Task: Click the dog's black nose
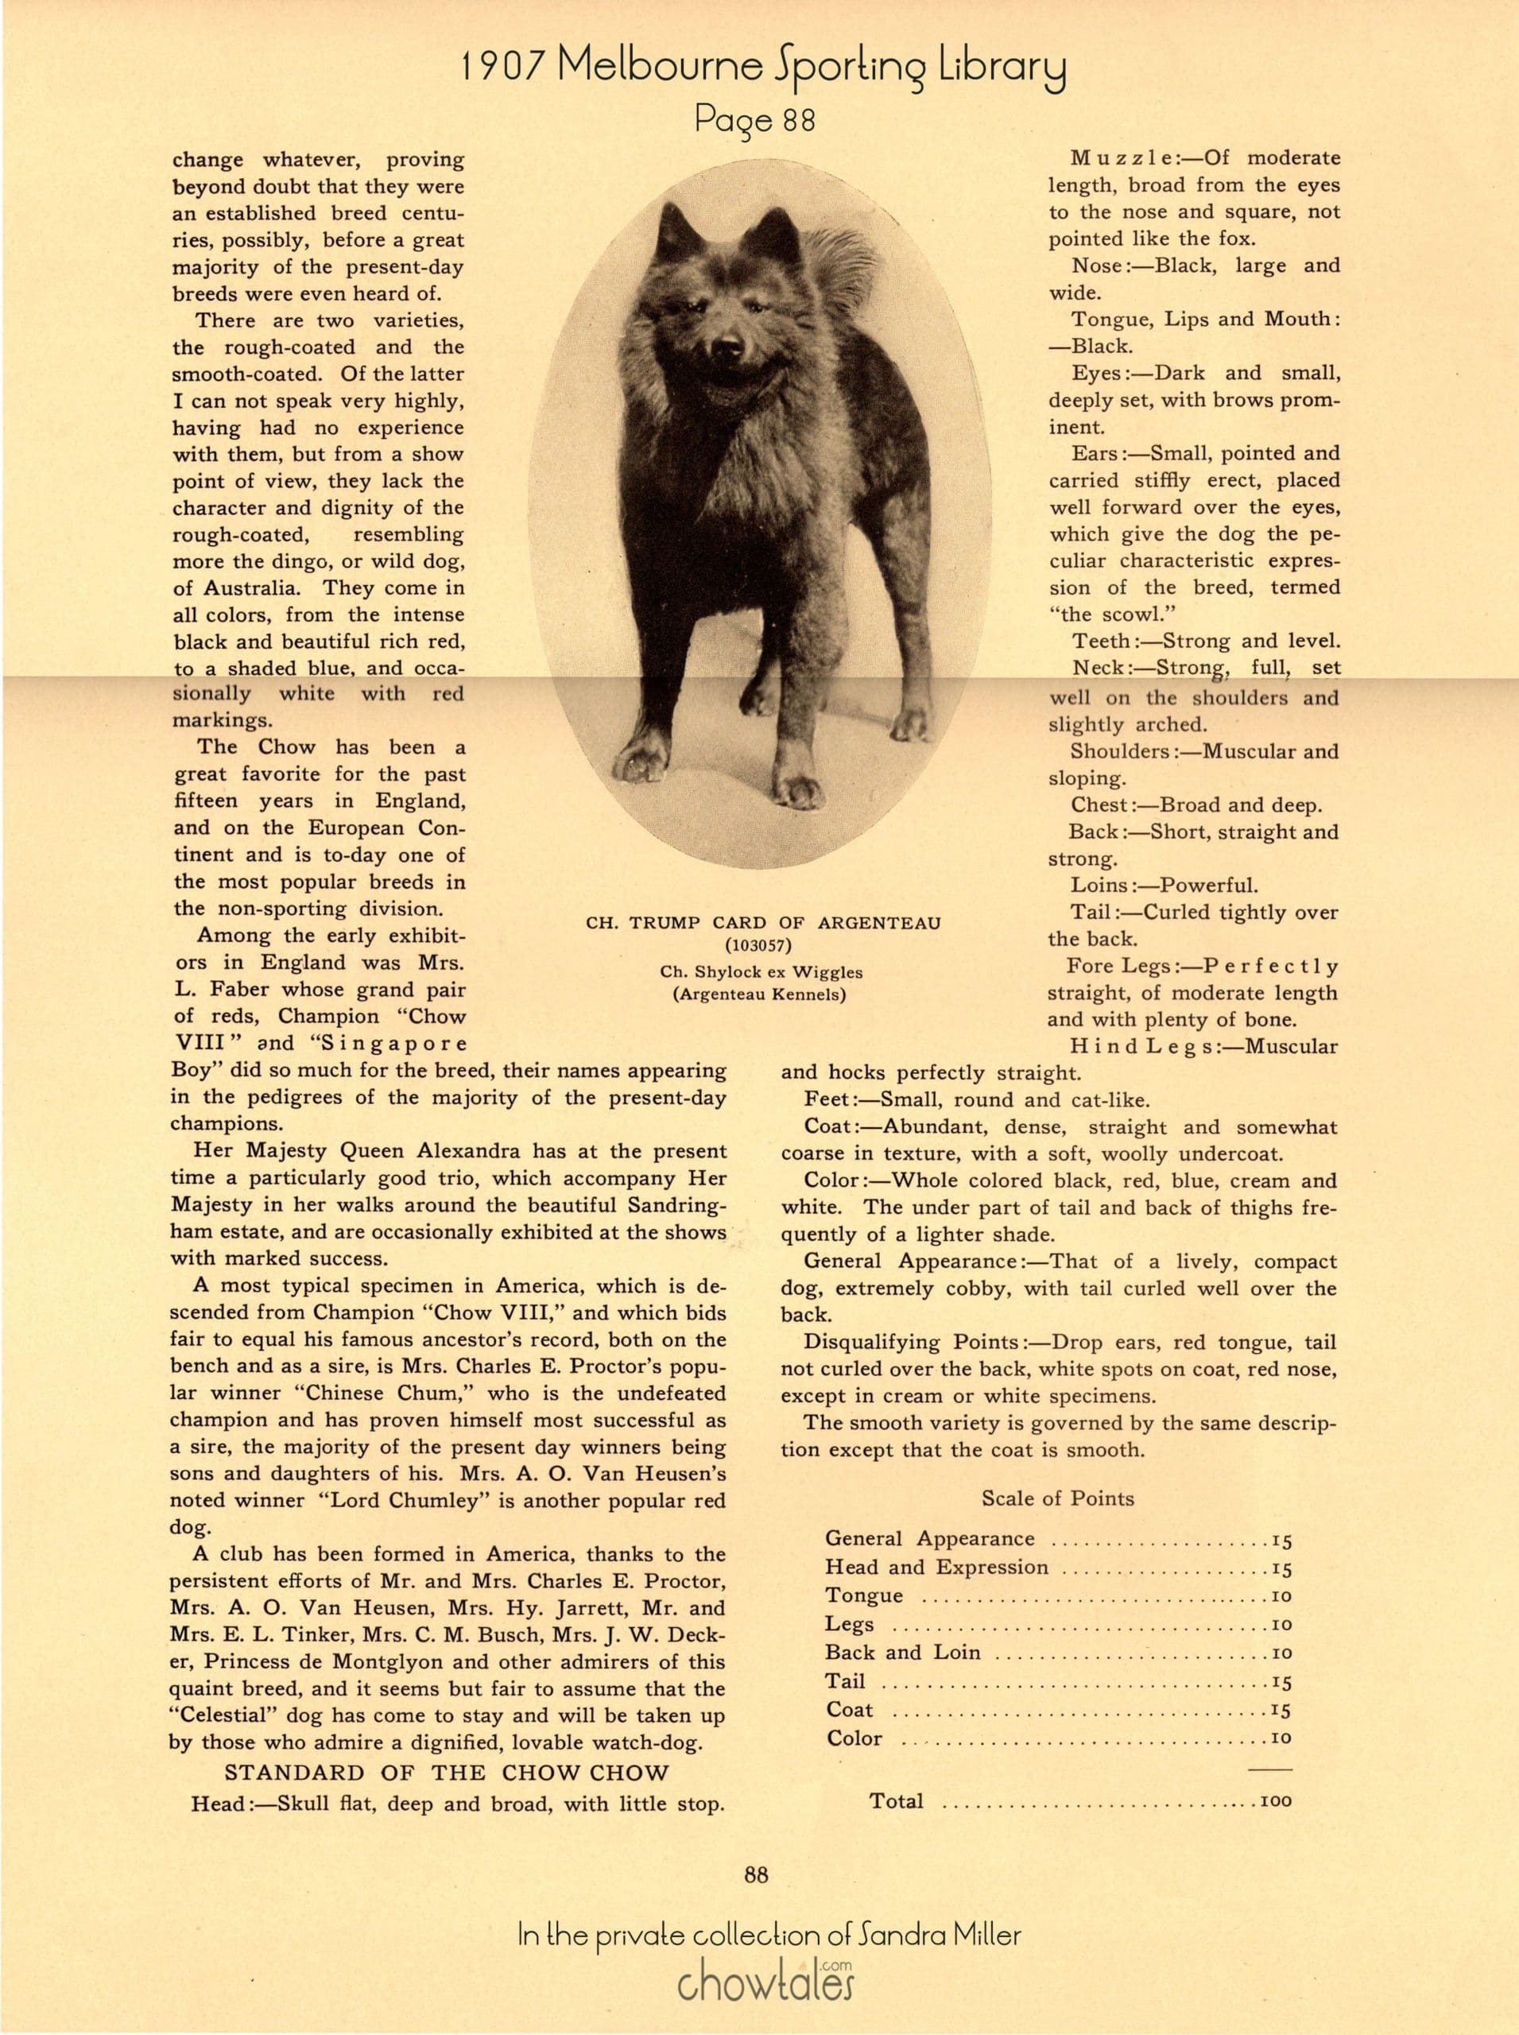[728, 347]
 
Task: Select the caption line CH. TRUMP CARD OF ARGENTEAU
[763, 922]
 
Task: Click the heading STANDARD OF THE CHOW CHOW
[447, 1773]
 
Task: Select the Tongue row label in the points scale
[863, 1595]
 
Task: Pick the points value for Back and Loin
[1281, 1653]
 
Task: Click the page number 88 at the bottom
[757, 1874]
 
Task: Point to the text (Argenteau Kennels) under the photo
[760, 994]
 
